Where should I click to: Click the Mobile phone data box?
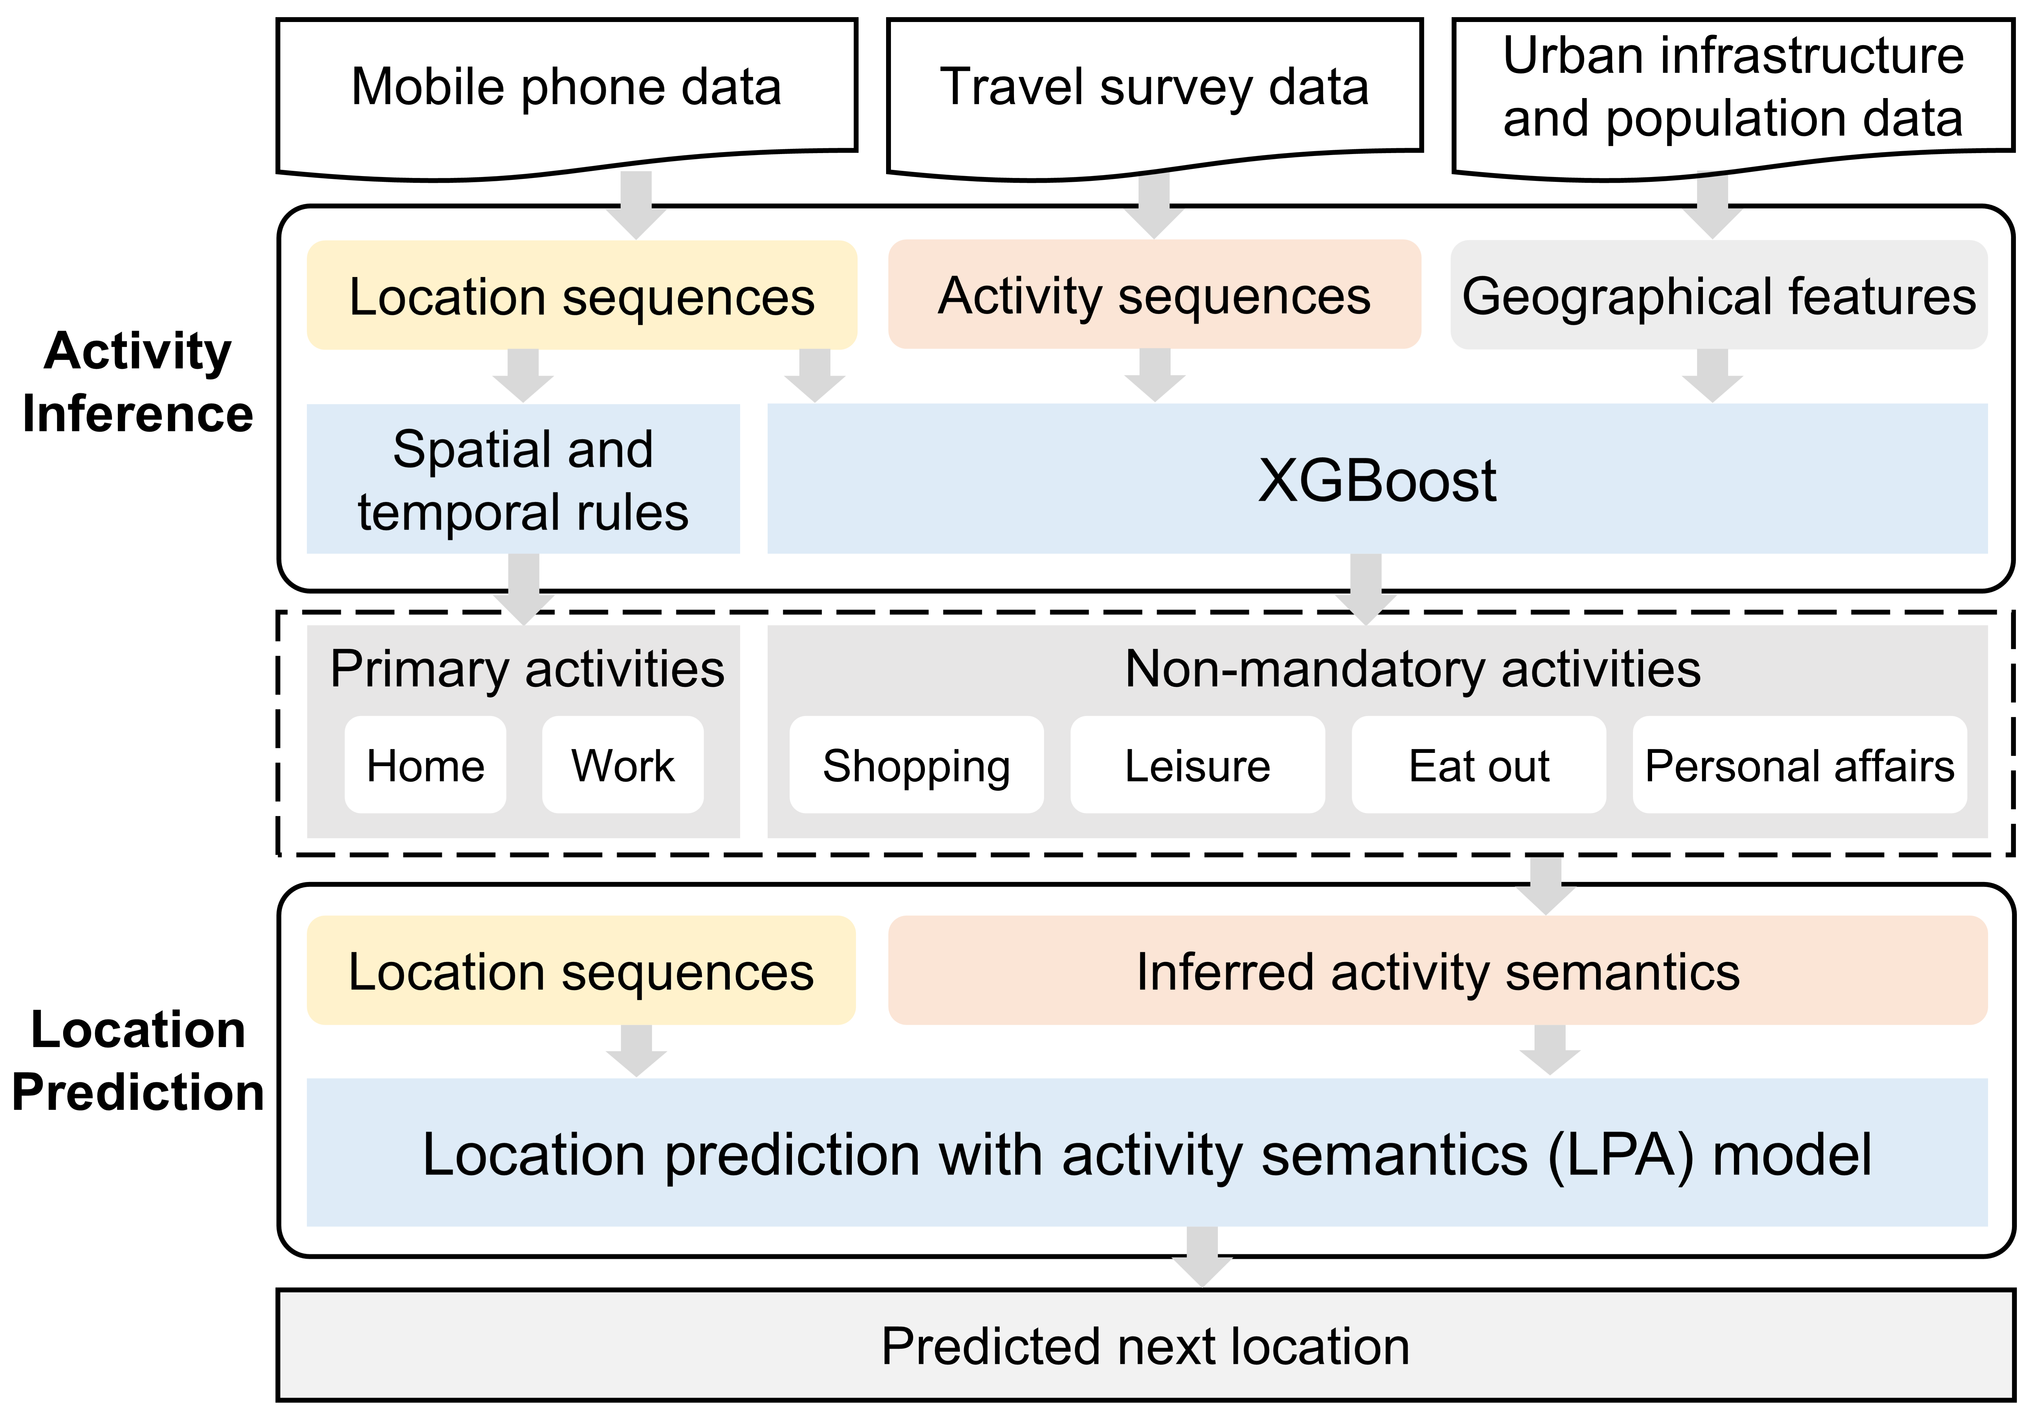pos(567,89)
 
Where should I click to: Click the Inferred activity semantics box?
pos(1438,971)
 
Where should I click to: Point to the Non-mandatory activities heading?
pos(1412,668)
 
